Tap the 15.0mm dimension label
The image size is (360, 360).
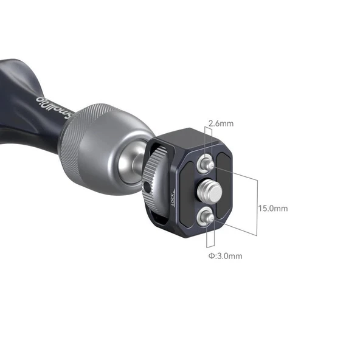tap(272, 208)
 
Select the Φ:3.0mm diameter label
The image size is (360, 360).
tap(225, 255)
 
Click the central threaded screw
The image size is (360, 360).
tap(206, 189)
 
